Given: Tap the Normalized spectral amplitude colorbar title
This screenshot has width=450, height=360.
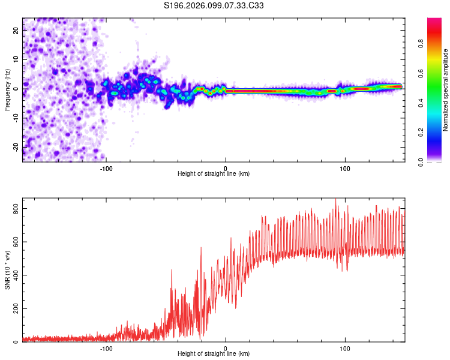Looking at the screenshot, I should [x=445, y=90].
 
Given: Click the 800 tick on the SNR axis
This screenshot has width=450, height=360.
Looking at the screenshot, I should [x=14, y=208].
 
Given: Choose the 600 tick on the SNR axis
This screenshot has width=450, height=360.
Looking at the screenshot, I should [x=14, y=242].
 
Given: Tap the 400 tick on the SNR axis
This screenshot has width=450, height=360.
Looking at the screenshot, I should [x=14, y=275].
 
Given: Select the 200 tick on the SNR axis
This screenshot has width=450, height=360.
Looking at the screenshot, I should [x=14, y=309].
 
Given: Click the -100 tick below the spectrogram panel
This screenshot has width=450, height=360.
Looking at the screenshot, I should [x=106, y=168].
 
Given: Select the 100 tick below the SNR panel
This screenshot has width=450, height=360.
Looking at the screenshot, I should [x=345, y=348].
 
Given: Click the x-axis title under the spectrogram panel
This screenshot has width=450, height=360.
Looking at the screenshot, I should [x=214, y=174].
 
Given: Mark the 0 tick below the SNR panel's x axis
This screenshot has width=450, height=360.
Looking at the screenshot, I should [x=226, y=348].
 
